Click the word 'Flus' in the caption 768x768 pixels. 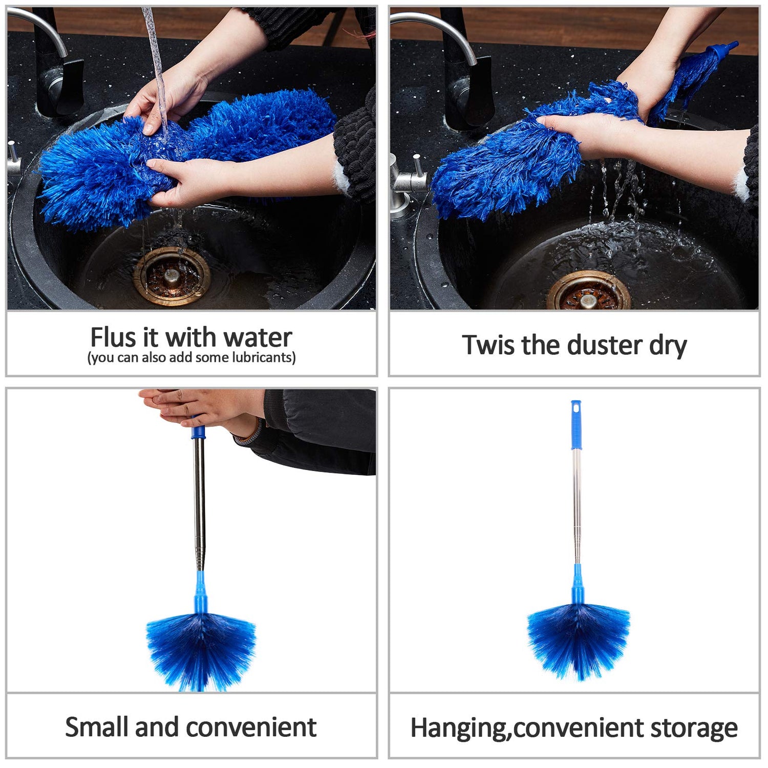click(113, 338)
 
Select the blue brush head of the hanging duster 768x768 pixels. click(578, 640)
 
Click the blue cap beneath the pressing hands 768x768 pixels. click(198, 433)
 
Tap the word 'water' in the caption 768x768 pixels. click(258, 338)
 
